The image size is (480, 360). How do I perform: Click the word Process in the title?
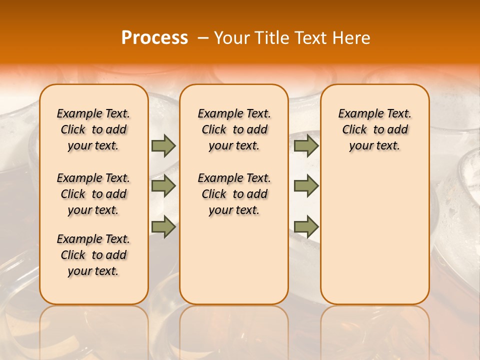pos(154,38)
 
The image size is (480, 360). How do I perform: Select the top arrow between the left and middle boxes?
pos(163,146)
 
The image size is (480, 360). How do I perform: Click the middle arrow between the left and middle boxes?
pos(163,186)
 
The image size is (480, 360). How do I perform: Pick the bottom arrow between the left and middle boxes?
pos(163,226)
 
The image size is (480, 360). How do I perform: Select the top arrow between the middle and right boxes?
pos(306,146)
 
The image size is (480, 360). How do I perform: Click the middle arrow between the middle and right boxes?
pos(306,186)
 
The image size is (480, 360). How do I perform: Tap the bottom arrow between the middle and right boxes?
pos(306,226)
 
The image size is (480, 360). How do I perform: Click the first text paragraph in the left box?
pos(93,129)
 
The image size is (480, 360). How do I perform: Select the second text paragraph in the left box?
pos(93,194)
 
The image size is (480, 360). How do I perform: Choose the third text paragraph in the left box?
pos(93,255)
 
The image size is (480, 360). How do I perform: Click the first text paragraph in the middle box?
pos(234,129)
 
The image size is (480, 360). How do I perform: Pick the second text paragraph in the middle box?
pos(234,194)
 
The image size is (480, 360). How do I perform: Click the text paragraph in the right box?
pos(374,129)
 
